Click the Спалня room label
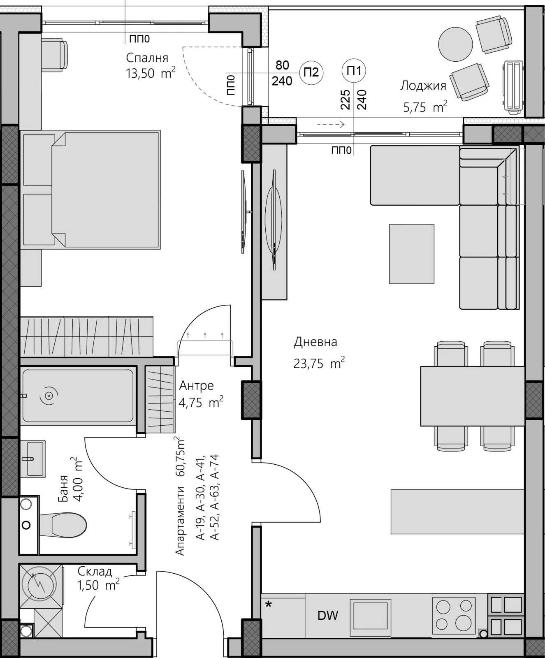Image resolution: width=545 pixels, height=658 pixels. tap(147, 58)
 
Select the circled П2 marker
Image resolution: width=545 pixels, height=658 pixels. tap(311, 72)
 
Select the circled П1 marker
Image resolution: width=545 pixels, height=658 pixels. tap(354, 71)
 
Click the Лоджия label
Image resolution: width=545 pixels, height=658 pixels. tap(423, 86)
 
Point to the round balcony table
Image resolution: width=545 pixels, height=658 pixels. tap(455, 44)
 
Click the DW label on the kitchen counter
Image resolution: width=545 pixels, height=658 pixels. tap(328, 616)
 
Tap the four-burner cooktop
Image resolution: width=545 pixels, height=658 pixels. tap(454, 616)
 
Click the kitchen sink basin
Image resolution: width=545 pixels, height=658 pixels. tap(370, 616)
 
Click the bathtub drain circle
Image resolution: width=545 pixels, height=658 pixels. tap(49, 396)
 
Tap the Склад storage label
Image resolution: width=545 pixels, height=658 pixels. tap(95, 571)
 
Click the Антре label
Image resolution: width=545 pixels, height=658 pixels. tap(197, 385)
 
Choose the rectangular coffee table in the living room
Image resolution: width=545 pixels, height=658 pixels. tap(412, 254)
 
